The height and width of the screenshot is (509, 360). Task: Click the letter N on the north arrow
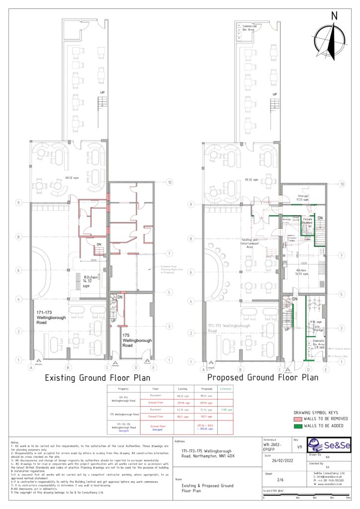[x=334, y=16]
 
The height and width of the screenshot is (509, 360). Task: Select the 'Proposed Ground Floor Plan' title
[x=263, y=377]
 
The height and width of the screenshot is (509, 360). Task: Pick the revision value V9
[x=298, y=447]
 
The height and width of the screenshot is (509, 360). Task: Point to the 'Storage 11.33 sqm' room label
[x=303, y=198]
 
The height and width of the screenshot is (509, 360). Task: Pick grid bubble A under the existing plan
[x=31, y=368]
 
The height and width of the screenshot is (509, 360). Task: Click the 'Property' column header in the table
[x=123, y=388]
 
